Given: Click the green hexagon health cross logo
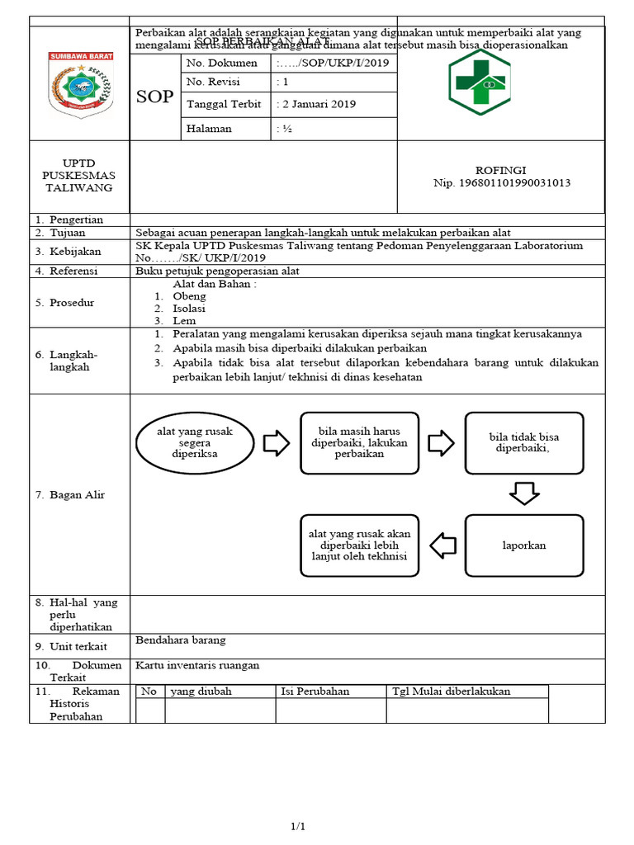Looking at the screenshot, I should (x=480, y=83).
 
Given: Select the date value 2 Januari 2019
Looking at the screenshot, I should (x=317, y=104).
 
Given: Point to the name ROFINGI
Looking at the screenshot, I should (x=501, y=170).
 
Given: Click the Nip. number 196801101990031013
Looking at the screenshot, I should (x=501, y=183).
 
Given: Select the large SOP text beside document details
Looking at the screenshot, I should (x=154, y=97).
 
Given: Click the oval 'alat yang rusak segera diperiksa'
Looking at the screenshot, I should (x=195, y=443).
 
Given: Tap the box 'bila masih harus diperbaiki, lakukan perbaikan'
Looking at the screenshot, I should (x=359, y=443).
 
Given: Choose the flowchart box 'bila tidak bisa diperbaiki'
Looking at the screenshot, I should (x=523, y=443).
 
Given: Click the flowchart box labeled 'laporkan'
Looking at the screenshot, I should (x=523, y=545).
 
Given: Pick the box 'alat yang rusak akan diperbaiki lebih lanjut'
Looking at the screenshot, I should (x=359, y=545).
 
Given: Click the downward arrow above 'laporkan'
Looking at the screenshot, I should (x=523, y=494).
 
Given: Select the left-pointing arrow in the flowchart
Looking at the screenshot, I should (x=443, y=545).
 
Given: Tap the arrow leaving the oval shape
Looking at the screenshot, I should (x=277, y=443).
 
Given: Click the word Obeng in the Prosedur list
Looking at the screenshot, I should (x=189, y=296).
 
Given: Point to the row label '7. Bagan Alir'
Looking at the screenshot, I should (x=69, y=495).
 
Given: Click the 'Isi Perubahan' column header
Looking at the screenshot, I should (x=315, y=692).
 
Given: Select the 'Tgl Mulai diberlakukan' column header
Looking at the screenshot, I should (x=451, y=692).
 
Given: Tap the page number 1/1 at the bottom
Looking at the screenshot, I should (x=297, y=827).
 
